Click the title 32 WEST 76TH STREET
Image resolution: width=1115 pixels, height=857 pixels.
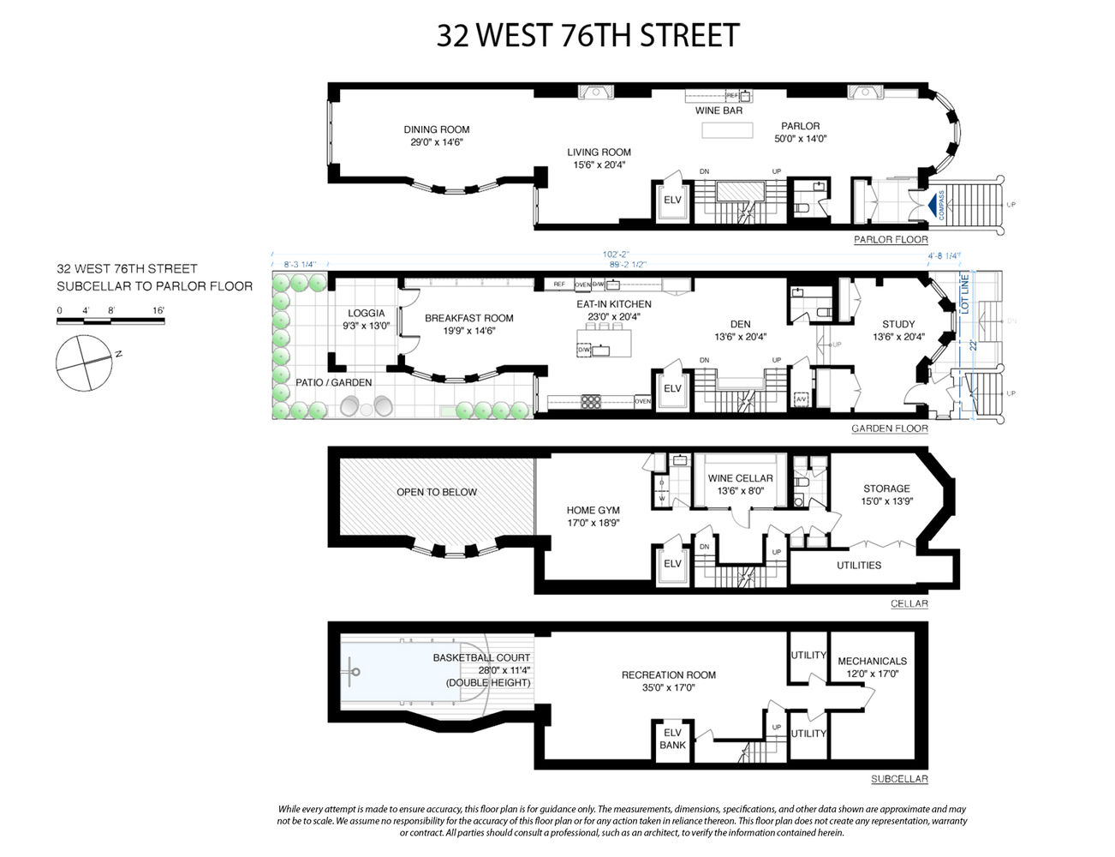click(587, 36)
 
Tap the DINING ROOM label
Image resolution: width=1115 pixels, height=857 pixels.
click(437, 130)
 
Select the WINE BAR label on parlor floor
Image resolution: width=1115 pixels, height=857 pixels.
click(718, 111)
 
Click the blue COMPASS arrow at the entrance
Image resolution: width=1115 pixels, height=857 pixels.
click(932, 206)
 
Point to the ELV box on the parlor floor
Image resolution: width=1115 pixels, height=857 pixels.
click(672, 201)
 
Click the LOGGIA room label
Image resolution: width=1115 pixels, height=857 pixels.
click(367, 314)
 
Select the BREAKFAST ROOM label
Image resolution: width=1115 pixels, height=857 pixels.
click(469, 319)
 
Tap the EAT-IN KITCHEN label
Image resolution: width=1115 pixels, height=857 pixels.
click(613, 304)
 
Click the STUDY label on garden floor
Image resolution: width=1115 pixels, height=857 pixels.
click(898, 325)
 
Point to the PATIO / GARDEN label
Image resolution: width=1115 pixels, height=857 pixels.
click(333, 382)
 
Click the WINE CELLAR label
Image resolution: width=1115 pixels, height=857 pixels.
click(740, 479)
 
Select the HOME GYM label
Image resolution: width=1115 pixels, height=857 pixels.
click(593, 511)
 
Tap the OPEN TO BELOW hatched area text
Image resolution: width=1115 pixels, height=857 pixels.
click(437, 493)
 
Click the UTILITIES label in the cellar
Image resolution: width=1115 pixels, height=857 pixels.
click(859, 566)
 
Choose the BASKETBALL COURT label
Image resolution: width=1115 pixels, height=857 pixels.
click(481, 658)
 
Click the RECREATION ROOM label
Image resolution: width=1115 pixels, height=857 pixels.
click(669, 675)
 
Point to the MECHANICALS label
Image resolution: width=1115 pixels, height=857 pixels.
click(872, 662)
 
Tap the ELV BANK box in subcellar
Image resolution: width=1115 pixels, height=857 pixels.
click(672, 739)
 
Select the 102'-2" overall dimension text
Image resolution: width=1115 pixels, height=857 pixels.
click(616, 255)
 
